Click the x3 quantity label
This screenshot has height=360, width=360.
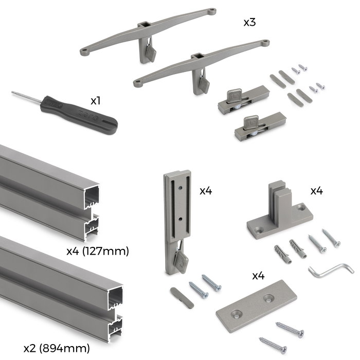pyautogui.click(x=250, y=23)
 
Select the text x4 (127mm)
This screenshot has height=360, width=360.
pyautogui.click(x=98, y=251)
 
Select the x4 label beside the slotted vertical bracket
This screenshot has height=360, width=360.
pyautogui.click(x=206, y=191)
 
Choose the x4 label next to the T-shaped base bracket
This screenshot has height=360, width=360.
pyautogui.click(x=316, y=191)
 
